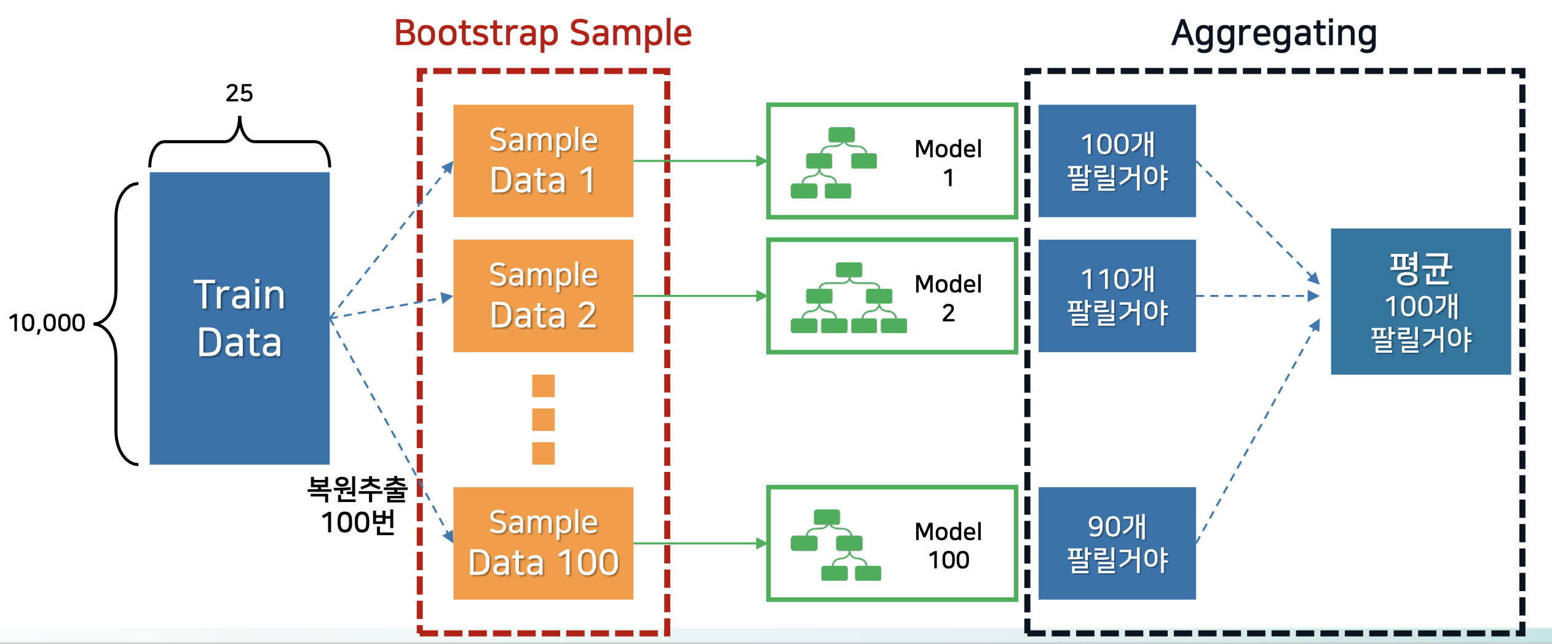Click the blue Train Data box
click(x=240, y=318)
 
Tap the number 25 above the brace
click(x=239, y=93)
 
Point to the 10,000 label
click(x=47, y=323)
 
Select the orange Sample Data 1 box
click(x=543, y=161)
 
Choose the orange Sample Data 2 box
click(x=543, y=296)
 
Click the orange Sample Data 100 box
click(x=543, y=543)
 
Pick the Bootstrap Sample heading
click(x=543, y=33)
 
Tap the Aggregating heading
click(x=1274, y=34)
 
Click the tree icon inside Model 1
click(x=834, y=163)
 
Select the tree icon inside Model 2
click(x=849, y=298)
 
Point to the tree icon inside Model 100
click(x=836, y=545)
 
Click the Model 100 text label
click(x=948, y=546)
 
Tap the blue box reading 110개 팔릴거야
click(x=1117, y=296)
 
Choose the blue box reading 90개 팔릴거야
click(x=1117, y=543)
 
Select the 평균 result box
click(x=1421, y=302)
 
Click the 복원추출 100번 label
click(x=357, y=505)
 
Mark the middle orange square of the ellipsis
click(x=543, y=420)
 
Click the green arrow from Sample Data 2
click(x=700, y=296)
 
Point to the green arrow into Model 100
click(x=700, y=543)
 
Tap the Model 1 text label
click(x=948, y=163)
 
